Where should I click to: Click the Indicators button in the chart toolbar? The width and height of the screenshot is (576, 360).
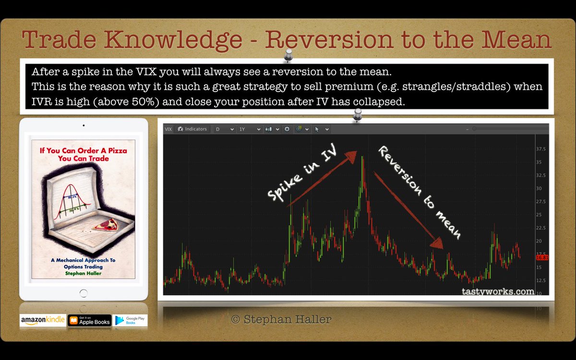(x=192, y=129)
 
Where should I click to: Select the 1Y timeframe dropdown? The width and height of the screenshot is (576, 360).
(x=250, y=129)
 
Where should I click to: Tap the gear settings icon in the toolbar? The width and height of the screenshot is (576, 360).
(x=287, y=129)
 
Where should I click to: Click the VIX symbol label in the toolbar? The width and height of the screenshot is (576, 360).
(x=168, y=129)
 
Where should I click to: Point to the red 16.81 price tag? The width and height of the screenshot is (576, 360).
(x=542, y=258)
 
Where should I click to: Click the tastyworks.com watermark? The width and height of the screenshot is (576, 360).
(x=497, y=291)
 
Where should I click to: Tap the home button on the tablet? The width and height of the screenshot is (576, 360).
(x=84, y=293)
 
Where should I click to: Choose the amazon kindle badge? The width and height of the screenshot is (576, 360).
(x=42, y=321)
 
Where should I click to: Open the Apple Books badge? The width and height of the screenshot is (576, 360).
(x=89, y=321)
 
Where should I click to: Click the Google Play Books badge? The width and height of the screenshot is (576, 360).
(x=130, y=321)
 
